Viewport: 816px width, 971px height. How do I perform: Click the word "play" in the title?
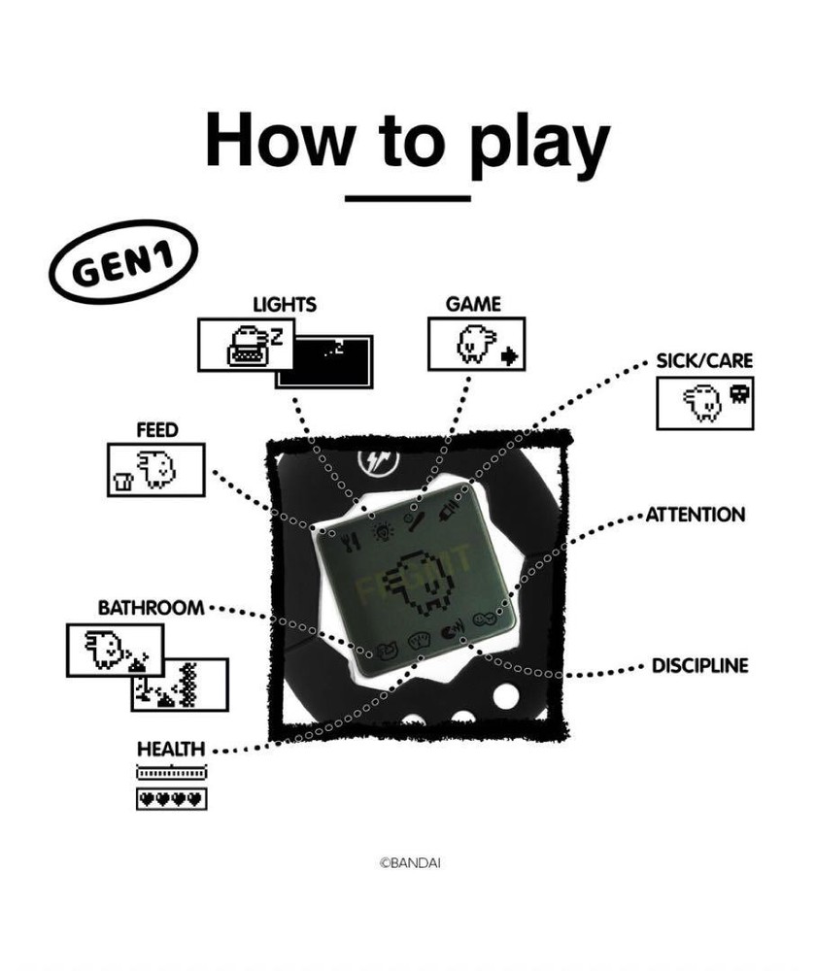pos(538,143)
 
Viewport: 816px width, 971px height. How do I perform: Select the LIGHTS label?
pos(284,305)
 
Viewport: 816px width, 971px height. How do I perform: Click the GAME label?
pos(473,304)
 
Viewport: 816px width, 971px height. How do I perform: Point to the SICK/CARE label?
pos(704,360)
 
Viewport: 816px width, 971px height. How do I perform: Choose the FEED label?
pos(156,429)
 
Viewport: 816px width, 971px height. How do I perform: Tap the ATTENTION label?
pos(697,515)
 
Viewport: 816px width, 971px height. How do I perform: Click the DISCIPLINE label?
pos(699,666)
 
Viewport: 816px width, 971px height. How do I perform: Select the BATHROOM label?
pos(151,608)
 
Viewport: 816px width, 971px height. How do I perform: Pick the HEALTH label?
pos(170,749)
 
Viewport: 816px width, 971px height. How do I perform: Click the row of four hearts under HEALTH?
pos(171,799)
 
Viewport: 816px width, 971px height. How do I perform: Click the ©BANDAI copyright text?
pos(409,862)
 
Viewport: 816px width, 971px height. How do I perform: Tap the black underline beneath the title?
pos(408,197)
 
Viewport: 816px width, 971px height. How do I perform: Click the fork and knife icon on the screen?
pos(355,534)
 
